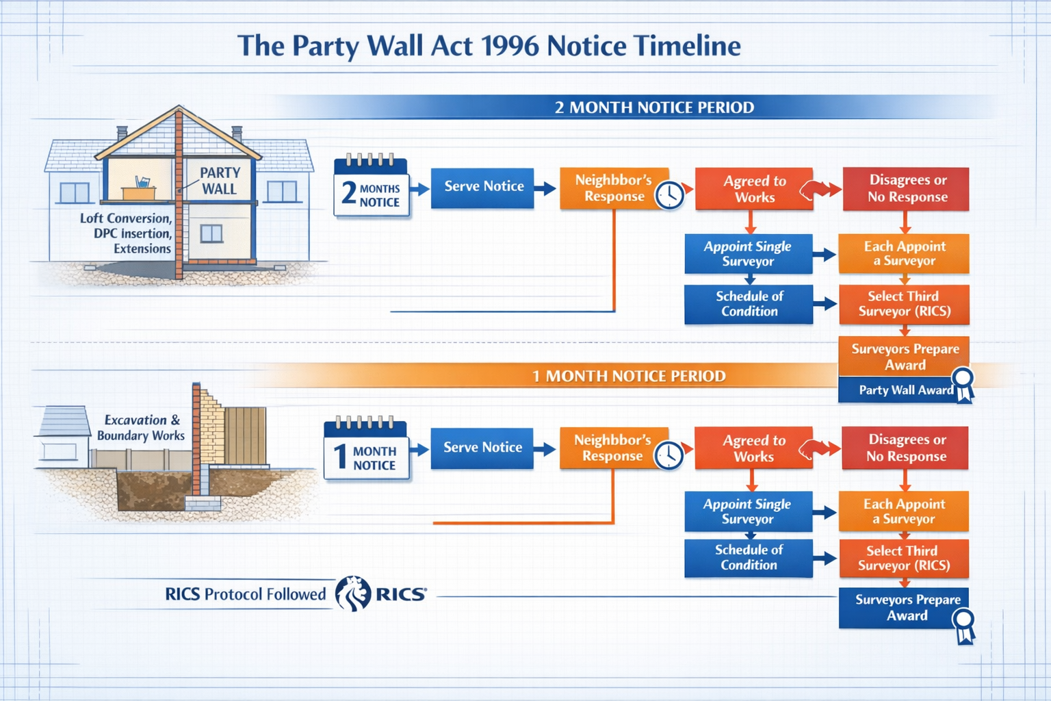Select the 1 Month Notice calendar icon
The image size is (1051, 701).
(365, 449)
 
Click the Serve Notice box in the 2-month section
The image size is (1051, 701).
(482, 187)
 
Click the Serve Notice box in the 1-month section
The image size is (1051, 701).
(482, 448)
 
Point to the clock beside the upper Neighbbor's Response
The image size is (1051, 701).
(669, 196)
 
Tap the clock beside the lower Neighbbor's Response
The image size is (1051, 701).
(669, 455)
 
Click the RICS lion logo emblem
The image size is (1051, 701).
(352, 593)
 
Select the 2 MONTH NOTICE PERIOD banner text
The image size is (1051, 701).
(653, 107)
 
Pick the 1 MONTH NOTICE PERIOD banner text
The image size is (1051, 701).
(628, 376)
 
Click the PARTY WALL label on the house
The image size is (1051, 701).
(220, 181)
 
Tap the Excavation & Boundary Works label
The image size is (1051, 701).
(141, 428)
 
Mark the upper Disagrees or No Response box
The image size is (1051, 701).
(906, 189)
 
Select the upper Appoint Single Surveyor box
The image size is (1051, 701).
(748, 254)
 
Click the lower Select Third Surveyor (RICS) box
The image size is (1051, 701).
(903, 558)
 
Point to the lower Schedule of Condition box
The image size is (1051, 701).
(749, 557)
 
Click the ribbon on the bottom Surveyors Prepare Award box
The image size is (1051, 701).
(964, 626)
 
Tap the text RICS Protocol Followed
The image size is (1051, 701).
(245, 594)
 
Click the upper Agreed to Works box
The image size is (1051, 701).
(754, 189)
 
